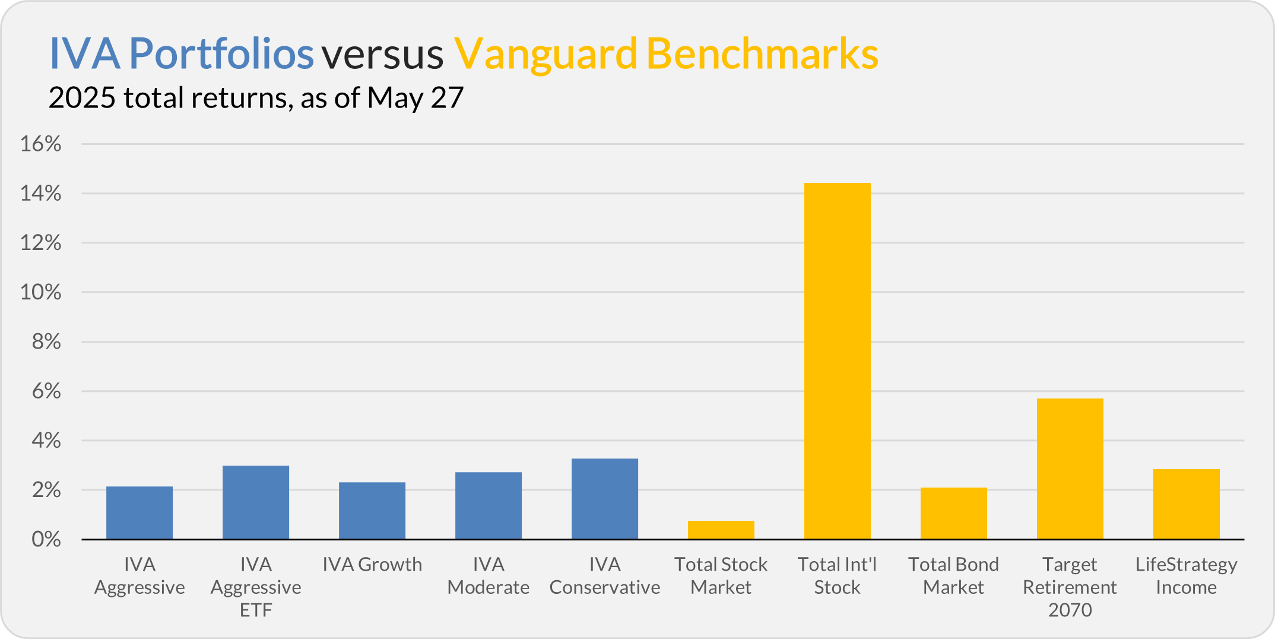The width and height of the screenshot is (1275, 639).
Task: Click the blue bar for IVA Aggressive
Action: [139, 513]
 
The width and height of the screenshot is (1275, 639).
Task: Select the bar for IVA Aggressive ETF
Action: [256, 502]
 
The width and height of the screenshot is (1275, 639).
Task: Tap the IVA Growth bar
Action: [372, 511]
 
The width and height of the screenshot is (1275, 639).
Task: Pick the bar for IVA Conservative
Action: [605, 499]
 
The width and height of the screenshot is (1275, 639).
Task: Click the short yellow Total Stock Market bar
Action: [721, 530]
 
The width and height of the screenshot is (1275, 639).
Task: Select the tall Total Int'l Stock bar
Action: [838, 361]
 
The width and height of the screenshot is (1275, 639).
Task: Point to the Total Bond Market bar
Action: [954, 514]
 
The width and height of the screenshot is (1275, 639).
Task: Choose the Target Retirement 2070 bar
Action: [1070, 469]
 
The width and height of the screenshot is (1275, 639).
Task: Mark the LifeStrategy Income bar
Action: [1187, 504]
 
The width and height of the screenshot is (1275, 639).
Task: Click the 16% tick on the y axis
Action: [41, 144]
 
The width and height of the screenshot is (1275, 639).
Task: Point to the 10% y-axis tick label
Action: [41, 292]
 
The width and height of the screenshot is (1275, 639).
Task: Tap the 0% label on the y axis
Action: [46, 539]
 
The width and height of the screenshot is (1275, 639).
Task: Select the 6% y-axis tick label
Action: [46, 391]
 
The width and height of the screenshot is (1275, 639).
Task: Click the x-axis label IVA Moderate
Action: [489, 575]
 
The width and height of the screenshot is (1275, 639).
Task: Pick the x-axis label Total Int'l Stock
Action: [838, 575]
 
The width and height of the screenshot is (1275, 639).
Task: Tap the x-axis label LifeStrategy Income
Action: [1187, 575]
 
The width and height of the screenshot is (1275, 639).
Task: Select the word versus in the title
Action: [383, 55]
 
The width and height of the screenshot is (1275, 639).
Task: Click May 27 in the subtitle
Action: [415, 98]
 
